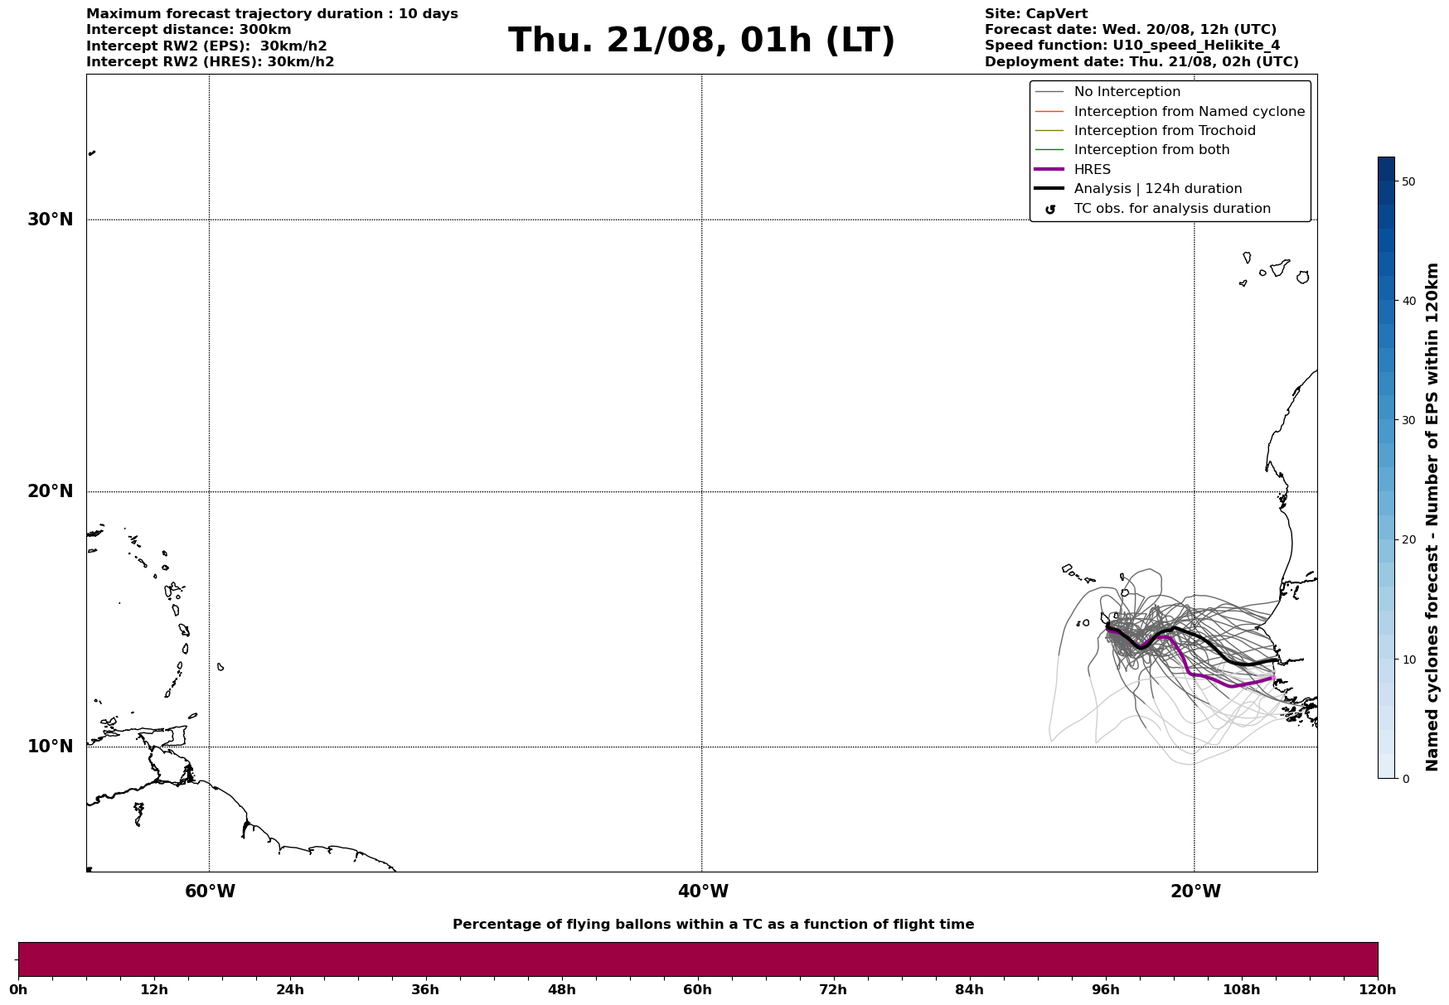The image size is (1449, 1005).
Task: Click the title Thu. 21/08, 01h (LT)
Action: (701, 41)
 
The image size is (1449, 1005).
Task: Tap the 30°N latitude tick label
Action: (51, 220)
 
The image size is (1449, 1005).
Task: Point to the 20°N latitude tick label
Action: (51, 491)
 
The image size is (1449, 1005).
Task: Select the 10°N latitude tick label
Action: (51, 747)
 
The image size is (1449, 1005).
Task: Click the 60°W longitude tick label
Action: (210, 891)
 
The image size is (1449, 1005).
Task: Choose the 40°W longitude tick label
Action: (703, 891)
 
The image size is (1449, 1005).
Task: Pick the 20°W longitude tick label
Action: (1195, 891)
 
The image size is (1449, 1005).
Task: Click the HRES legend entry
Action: (1092, 170)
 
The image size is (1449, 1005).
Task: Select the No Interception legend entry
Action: (1127, 92)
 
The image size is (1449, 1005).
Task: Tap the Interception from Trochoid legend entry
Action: (1164, 131)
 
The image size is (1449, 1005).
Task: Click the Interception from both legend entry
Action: (1151, 150)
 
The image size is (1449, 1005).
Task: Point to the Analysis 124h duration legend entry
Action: (1157, 189)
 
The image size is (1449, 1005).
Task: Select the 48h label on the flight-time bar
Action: (561, 990)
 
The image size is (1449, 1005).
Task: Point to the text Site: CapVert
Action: (1035, 14)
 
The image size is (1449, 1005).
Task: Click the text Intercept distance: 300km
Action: (188, 30)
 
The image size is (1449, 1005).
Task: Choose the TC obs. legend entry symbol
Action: (1049, 210)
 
